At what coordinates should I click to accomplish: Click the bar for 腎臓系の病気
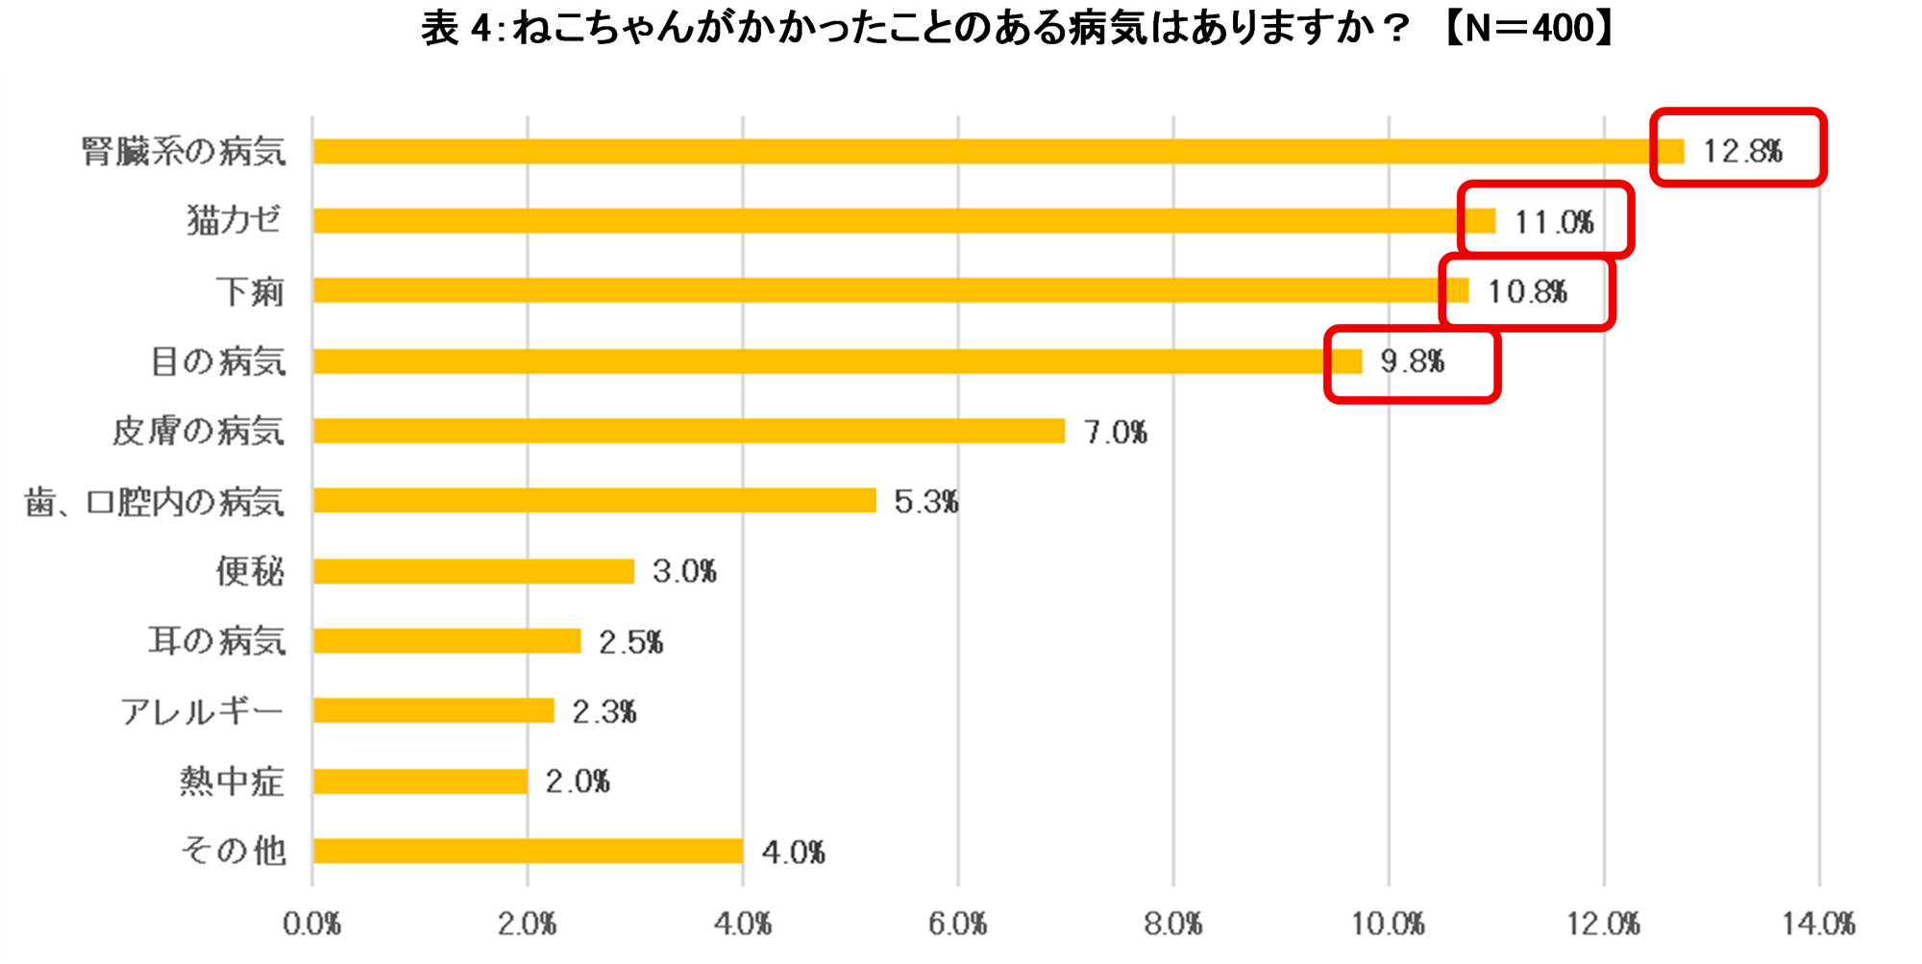(x=998, y=151)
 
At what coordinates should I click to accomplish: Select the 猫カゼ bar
(x=903, y=221)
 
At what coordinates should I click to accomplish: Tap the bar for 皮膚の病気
(x=688, y=431)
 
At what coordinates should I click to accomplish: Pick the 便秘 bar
(x=473, y=571)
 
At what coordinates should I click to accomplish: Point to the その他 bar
(x=527, y=851)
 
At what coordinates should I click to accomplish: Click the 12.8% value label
(x=1742, y=151)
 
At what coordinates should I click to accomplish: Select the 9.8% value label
(x=1412, y=361)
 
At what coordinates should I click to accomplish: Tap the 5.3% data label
(x=925, y=501)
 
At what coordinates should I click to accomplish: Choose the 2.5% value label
(x=630, y=641)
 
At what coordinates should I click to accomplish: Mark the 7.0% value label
(x=1115, y=432)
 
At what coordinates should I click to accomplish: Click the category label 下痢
(x=250, y=291)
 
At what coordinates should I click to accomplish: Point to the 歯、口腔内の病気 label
(x=155, y=501)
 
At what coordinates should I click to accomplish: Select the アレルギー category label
(x=202, y=711)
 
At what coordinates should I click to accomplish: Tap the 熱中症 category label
(x=232, y=780)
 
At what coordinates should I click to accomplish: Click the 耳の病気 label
(x=217, y=641)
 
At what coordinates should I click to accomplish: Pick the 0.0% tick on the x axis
(x=311, y=924)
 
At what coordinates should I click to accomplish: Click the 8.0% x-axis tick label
(x=1172, y=924)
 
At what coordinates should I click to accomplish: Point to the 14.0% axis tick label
(x=1818, y=924)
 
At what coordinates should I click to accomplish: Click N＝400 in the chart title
(x=1528, y=29)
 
